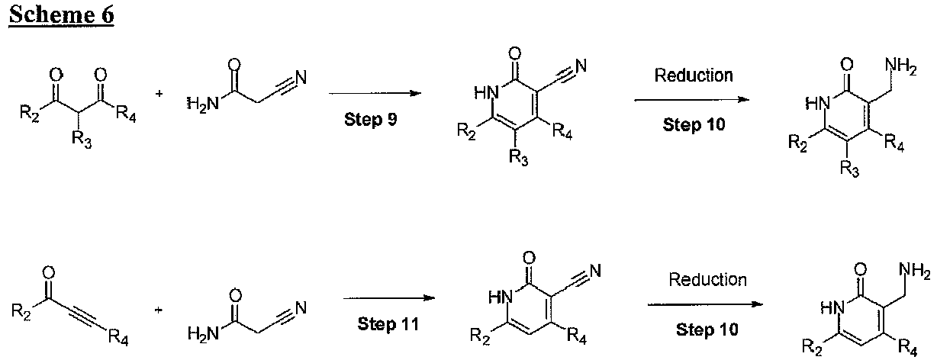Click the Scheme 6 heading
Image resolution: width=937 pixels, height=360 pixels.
point(62,14)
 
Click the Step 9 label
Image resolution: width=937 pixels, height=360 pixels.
point(370,120)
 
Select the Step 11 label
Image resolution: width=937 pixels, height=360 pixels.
point(388,324)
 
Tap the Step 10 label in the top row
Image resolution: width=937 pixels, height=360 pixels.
point(694,124)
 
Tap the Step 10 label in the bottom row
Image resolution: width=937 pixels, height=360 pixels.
point(707,329)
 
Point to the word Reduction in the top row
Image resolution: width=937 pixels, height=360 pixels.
point(694,76)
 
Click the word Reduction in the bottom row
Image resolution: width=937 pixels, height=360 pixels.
point(707,280)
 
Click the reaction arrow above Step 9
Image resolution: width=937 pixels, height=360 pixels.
point(375,93)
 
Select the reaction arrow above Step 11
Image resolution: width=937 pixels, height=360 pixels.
point(389,298)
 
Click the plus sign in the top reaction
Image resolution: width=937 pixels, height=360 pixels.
point(159,94)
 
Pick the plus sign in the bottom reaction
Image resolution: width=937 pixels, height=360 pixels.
point(158,310)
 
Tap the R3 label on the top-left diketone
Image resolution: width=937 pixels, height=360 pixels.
point(82,139)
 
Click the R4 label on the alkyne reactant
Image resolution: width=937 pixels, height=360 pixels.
point(118,337)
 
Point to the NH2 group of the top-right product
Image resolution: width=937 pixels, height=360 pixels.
point(900,67)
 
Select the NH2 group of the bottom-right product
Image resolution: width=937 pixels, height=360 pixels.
point(914,272)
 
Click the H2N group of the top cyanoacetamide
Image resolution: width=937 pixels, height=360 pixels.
point(203,103)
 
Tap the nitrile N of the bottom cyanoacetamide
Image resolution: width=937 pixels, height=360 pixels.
point(301,308)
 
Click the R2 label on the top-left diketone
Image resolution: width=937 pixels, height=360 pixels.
point(30,114)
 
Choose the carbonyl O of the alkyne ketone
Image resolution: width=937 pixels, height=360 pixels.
point(49,273)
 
